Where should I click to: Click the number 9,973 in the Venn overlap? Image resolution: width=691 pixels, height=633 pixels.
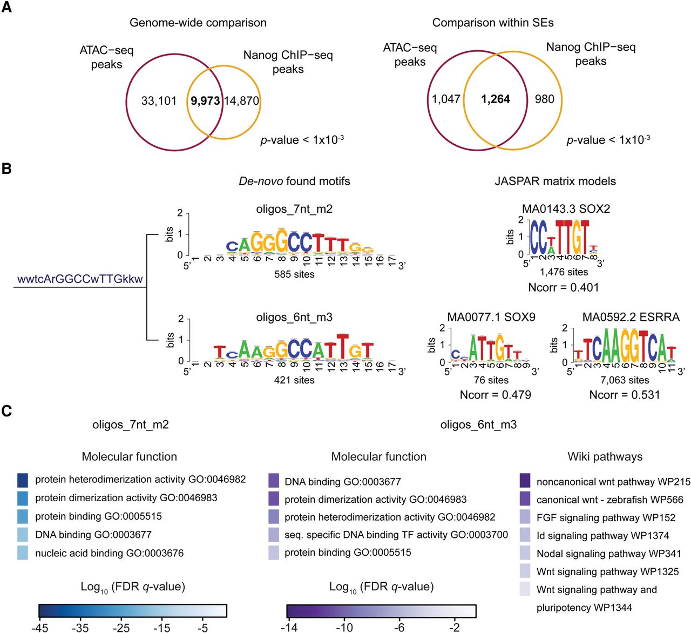point(205,101)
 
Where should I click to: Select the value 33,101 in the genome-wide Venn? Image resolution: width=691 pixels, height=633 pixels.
point(159,101)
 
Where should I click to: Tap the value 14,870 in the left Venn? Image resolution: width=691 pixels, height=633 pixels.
point(241,101)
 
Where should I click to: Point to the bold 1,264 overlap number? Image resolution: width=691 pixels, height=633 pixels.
point(496,99)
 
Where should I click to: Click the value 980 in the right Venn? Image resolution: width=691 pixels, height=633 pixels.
point(544,99)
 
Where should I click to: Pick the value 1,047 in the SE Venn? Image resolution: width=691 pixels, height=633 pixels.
point(446,99)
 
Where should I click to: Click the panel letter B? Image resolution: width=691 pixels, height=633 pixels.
point(6,169)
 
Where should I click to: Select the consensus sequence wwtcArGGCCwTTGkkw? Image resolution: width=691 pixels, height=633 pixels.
point(80,279)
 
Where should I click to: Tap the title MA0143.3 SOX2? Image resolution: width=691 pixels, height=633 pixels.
point(566,209)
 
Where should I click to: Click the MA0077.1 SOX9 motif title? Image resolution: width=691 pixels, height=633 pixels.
point(491,317)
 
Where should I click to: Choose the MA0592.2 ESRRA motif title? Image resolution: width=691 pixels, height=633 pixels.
point(631,317)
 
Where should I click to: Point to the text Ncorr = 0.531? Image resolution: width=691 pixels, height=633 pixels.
point(625,395)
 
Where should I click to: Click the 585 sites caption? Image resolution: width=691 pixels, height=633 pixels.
point(294,274)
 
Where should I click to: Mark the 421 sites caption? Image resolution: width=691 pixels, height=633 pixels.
point(294,380)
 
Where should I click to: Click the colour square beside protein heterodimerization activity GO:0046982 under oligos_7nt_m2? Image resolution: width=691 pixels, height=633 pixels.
point(23,480)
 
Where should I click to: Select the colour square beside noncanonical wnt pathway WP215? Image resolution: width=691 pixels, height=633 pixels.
point(525,481)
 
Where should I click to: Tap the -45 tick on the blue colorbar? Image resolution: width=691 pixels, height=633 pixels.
point(39,628)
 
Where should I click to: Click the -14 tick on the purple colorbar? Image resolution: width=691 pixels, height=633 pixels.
point(290,628)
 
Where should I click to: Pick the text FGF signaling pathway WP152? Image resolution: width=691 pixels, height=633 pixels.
point(606,517)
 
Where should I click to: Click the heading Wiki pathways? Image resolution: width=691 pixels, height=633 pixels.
point(605,457)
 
